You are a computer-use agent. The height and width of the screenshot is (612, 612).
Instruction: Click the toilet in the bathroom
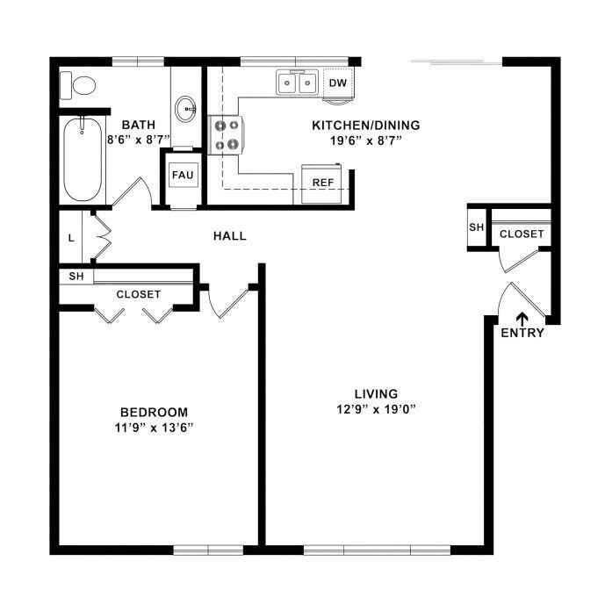(78, 85)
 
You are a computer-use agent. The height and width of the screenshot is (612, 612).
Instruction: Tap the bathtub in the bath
(83, 159)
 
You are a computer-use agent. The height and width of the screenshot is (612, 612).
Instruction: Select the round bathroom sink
(185, 109)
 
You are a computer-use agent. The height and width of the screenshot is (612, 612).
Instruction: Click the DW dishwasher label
(338, 83)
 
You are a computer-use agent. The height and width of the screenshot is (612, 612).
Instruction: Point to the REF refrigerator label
(323, 183)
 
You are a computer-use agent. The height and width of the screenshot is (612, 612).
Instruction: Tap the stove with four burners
(226, 135)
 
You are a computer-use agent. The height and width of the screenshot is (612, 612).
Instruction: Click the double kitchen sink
(298, 83)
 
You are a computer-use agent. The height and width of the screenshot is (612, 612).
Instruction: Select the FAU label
(183, 175)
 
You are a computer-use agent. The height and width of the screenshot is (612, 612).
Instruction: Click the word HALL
(230, 235)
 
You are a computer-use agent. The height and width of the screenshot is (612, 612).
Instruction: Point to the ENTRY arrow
(522, 319)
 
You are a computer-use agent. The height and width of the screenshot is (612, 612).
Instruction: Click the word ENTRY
(522, 333)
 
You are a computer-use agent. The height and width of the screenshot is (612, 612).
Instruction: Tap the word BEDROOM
(155, 412)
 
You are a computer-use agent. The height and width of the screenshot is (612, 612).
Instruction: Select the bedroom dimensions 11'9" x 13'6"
(155, 428)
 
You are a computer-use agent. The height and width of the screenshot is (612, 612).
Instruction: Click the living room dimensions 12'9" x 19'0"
(377, 409)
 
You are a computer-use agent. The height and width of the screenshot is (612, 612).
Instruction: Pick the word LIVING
(377, 394)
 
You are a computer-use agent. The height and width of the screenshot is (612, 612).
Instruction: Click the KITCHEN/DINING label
(366, 126)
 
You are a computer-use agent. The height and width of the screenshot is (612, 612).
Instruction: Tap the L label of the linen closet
(71, 238)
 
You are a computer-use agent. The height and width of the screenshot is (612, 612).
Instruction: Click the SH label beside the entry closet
(476, 227)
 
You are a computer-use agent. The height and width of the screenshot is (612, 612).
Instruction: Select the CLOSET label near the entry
(522, 234)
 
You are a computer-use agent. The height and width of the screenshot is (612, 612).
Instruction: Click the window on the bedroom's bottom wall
(208, 550)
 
